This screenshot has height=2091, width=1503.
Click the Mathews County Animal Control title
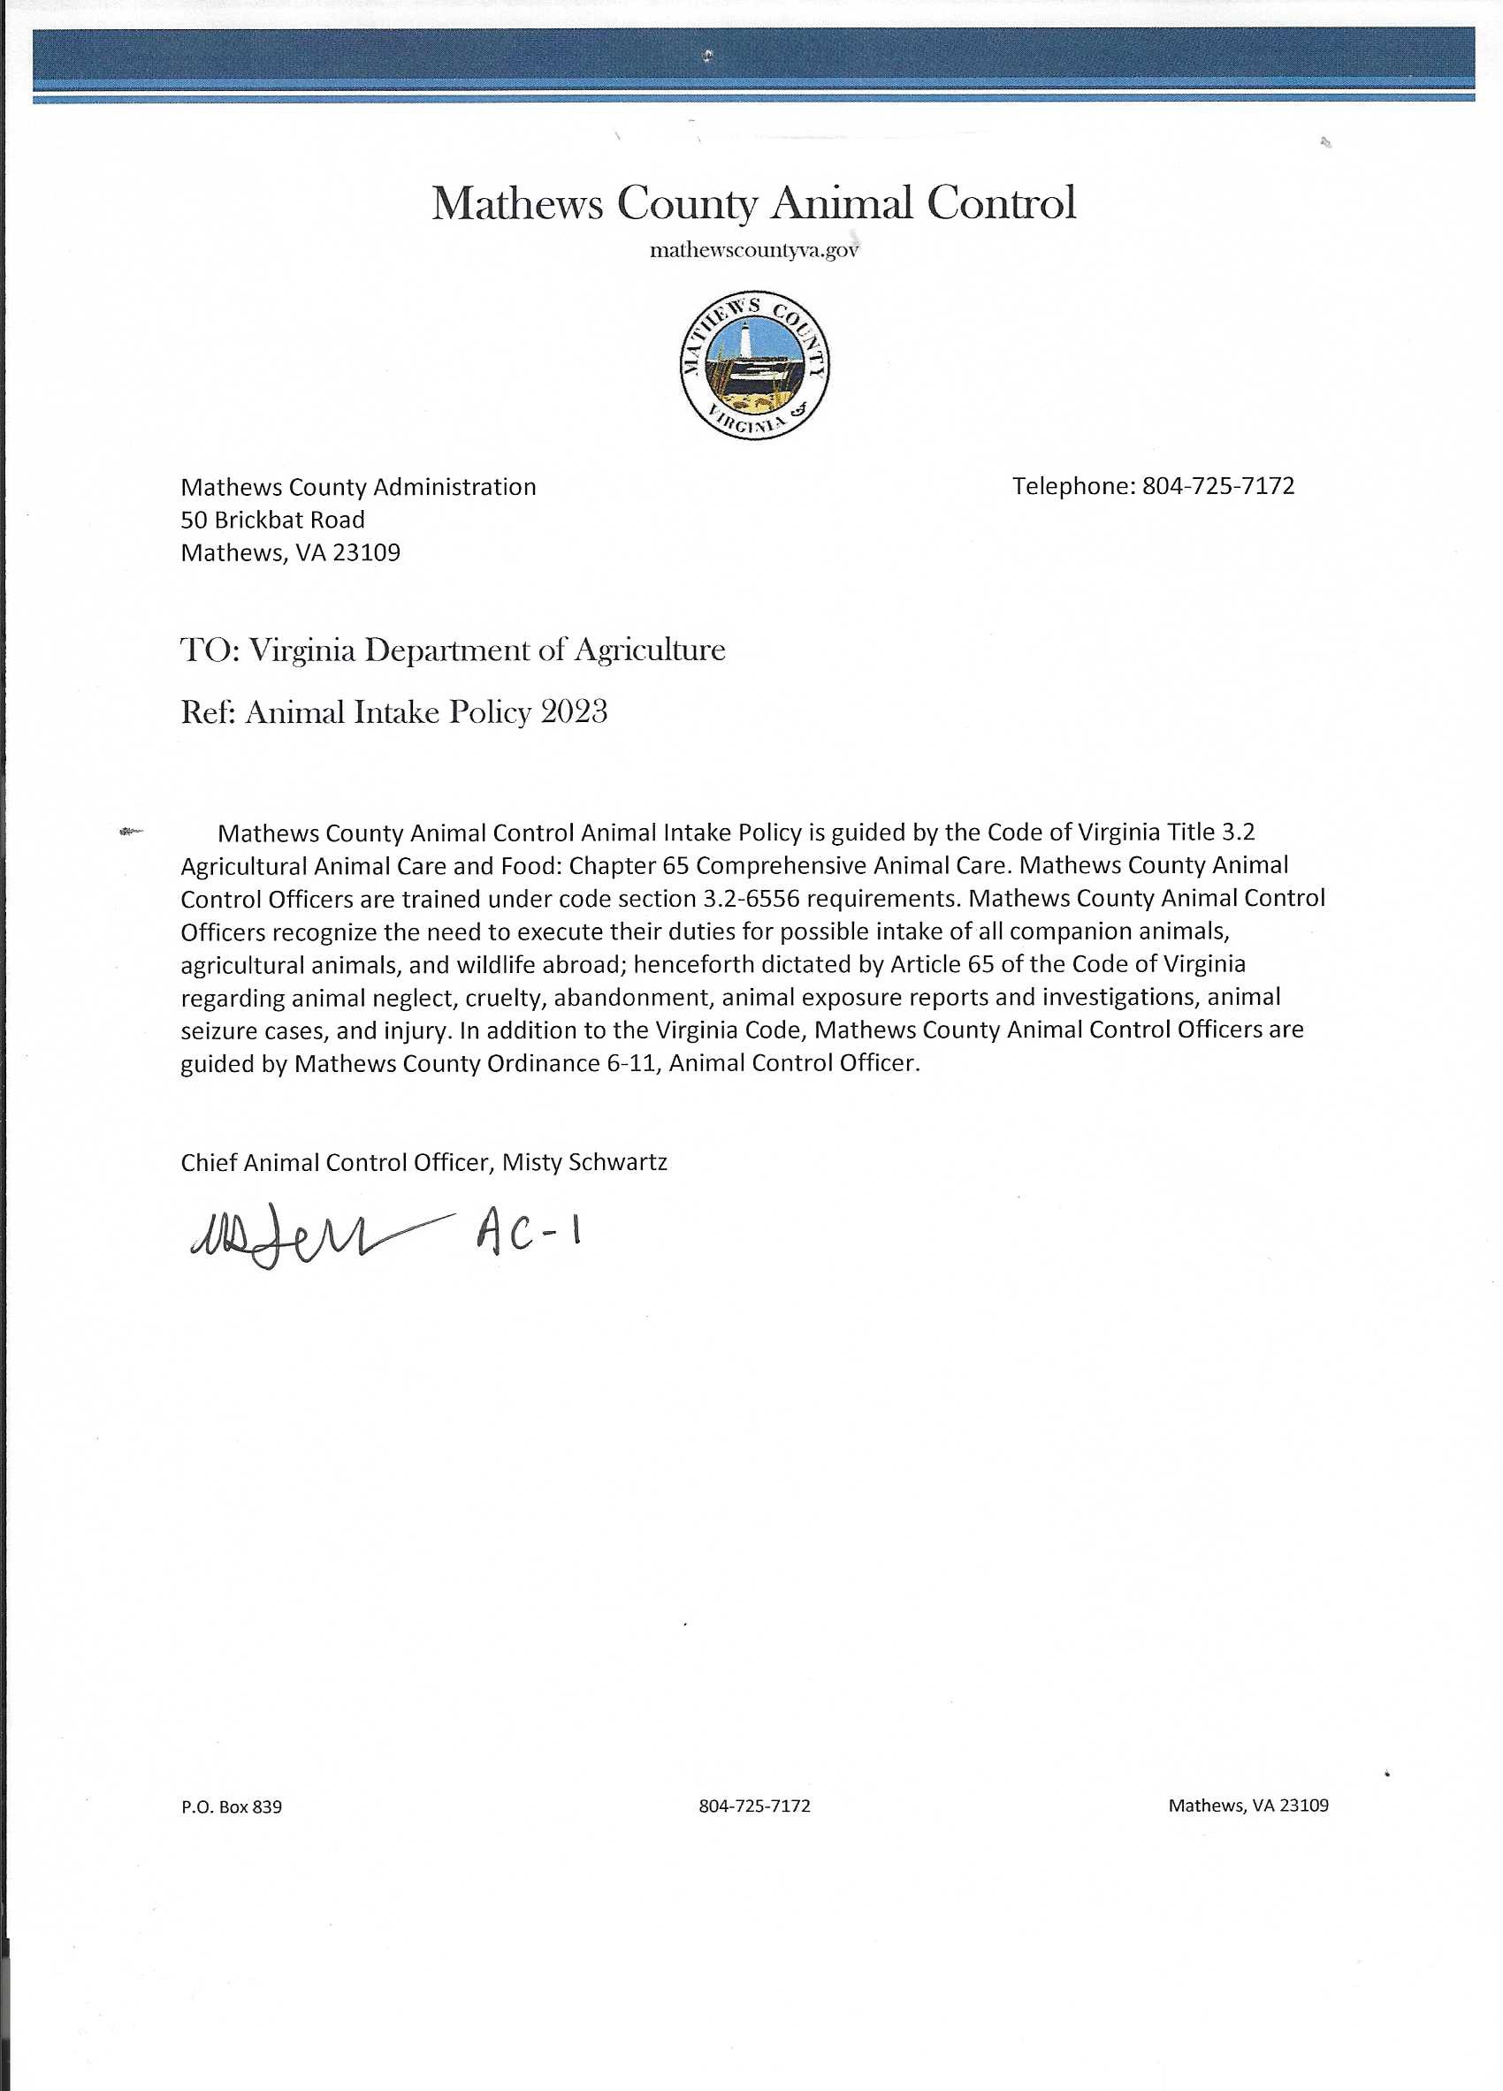click(x=753, y=204)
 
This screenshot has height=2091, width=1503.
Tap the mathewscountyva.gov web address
click(x=753, y=251)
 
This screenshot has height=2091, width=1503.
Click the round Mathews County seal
click(x=754, y=367)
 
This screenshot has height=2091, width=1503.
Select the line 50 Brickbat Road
click(x=273, y=520)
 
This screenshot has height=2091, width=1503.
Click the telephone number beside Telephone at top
click(x=1218, y=486)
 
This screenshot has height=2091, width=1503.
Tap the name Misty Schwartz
click(x=584, y=1162)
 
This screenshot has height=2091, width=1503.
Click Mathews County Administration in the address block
click(x=358, y=487)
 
